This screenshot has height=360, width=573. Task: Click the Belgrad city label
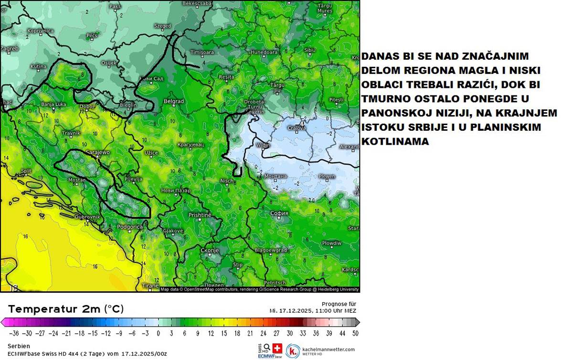(173, 101)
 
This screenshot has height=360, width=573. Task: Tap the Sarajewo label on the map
(98, 152)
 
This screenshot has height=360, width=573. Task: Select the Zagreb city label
(9, 49)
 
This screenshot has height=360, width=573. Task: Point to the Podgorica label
(130, 227)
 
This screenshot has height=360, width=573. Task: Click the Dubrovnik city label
(87, 217)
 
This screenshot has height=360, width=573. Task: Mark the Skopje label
(210, 250)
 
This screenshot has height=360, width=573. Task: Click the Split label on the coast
(26, 170)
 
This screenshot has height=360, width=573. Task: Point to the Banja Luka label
(53, 104)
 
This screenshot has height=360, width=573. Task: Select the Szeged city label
(162, 26)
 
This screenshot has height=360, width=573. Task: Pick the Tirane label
(150, 286)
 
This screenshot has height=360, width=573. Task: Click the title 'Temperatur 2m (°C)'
(66, 309)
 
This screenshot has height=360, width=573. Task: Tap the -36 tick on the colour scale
(14, 333)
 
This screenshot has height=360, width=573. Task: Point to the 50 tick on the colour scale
(354, 333)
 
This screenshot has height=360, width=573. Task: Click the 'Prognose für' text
(339, 304)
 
